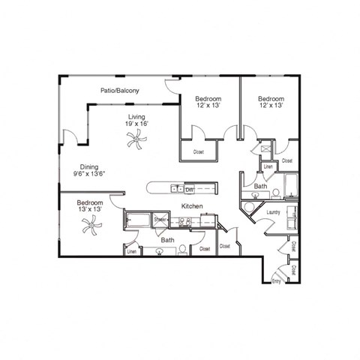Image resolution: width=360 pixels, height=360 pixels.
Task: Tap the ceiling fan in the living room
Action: click(135, 136)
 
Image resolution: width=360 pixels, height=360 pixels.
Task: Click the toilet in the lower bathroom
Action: click(181, 251)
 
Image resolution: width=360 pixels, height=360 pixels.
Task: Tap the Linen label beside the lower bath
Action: click(131, 251)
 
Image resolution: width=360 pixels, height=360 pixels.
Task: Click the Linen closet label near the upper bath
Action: click(267, 166)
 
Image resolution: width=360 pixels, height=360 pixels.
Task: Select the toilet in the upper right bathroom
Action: click(275, 193)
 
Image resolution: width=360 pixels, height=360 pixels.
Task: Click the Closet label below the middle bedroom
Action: click(198, 151)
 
